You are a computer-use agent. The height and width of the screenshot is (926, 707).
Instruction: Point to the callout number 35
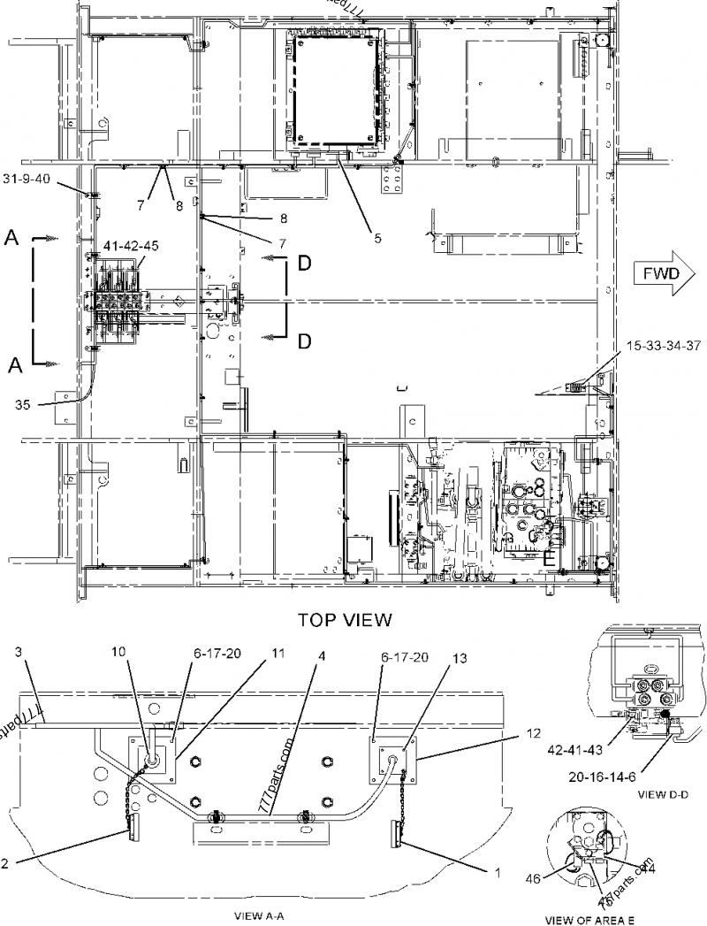(x=23, y=405)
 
